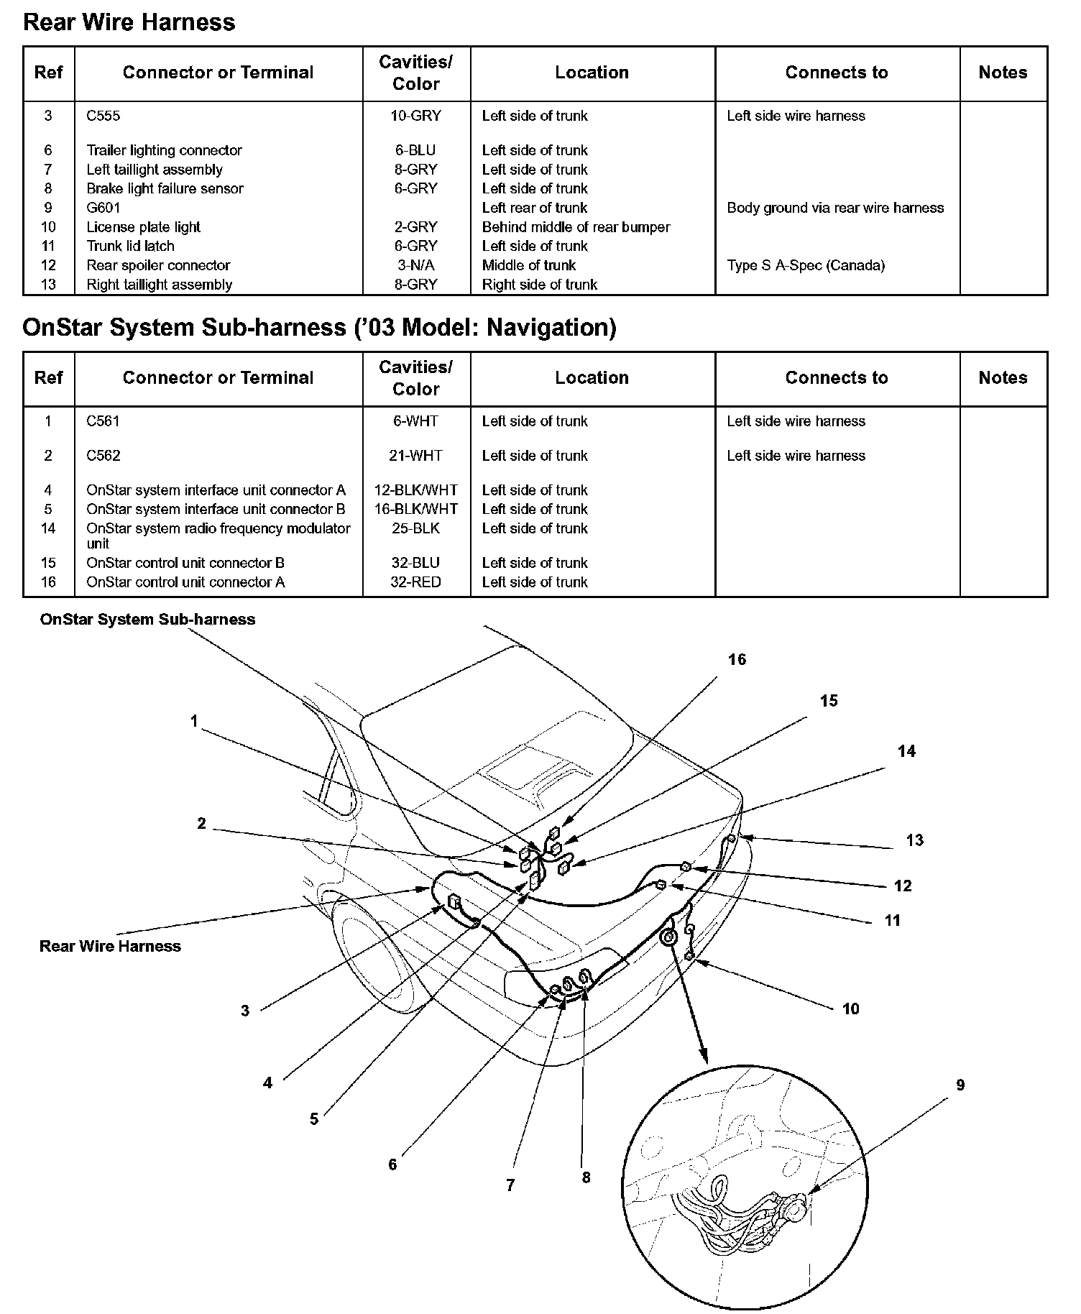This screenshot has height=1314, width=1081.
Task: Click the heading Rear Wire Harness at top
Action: (x=129, y=22)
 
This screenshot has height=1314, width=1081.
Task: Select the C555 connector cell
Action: (x=103, y=116)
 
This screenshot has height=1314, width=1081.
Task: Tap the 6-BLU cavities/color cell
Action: (x=415, y=150)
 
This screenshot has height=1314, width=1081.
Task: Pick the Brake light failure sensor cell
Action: (x=165, y=188)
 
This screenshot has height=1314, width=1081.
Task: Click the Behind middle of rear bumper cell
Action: (x=576, y=227)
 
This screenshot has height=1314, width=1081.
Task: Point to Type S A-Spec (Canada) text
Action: (x=806, y=265)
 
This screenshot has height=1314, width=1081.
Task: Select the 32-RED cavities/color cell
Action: (x=415, y=582)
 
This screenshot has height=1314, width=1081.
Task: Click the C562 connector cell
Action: (x=103, y=456)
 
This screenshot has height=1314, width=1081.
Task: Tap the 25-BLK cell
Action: (x=415, y=528)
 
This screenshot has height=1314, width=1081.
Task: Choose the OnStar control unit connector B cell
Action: (x=185, y=563)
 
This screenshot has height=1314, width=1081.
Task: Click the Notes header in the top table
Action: (x=1003, y=73)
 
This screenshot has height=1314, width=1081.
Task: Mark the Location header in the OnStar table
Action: (x=592, y=378)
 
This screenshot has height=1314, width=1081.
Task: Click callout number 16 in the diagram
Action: (x=737, y=660)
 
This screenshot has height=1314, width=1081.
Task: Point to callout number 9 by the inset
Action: (x=960, y=1085)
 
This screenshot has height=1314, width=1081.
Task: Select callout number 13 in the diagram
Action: (x=914, y=840)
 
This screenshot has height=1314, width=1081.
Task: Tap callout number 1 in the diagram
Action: (x=193, y=721)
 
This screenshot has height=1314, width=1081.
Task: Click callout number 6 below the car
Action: (x=392, y=1164)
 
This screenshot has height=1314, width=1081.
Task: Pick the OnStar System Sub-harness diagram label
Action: (x=147, y=620)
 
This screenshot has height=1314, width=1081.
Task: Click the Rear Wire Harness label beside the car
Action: (x=110, y=947)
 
